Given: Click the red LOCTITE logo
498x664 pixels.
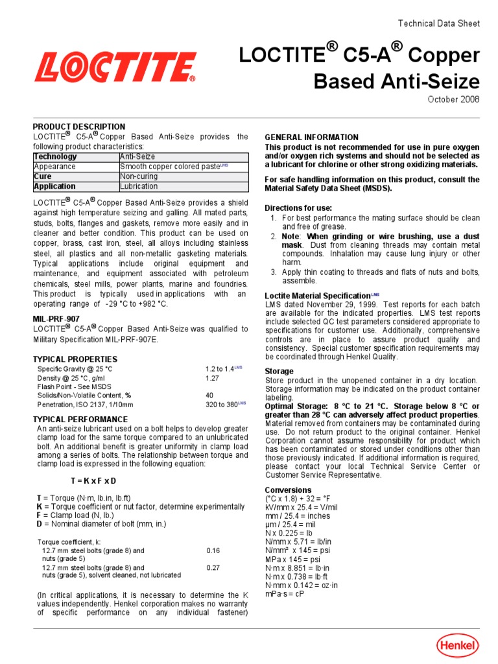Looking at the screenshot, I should pos(115,67).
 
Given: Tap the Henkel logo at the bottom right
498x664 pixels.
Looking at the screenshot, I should pos(457,645).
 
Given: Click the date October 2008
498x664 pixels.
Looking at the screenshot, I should pos(453,99).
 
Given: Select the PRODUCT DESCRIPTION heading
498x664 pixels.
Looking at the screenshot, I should pos(79,126).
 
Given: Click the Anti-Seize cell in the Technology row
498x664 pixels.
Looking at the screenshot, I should pos(137,157).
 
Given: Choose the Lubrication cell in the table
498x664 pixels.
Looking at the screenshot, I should pos(139,186).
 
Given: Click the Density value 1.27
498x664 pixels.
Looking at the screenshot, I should pos(213,377).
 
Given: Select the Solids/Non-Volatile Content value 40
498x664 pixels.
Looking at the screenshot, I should pos(209,395).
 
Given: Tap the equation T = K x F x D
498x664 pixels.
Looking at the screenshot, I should pos(93,480).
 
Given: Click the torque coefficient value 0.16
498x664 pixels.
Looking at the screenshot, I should pos(213,551).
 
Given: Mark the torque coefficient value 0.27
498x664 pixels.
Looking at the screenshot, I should pos(213,567).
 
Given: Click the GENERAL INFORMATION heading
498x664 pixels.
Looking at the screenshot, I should pos(311,137).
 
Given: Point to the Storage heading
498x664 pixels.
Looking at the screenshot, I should pos(279,372).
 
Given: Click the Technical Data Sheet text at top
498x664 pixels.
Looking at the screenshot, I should pos(438,23).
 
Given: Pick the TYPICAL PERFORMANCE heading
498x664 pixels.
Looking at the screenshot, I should pos(80,420).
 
